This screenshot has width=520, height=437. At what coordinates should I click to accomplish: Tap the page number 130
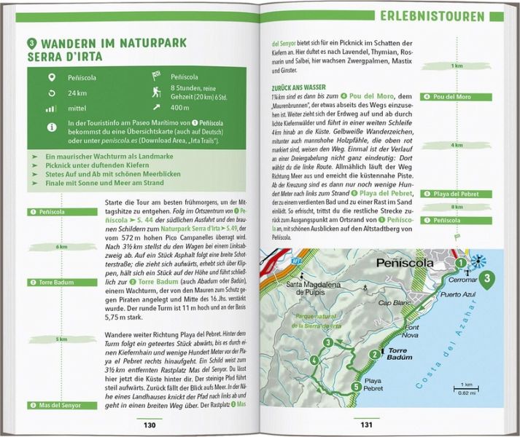[x=150, y=425]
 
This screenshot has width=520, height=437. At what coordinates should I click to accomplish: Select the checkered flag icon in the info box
[x=155, y=75]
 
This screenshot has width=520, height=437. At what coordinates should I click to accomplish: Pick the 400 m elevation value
[x=179, y=109]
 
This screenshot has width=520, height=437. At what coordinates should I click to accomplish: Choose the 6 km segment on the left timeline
[x=61, y=246]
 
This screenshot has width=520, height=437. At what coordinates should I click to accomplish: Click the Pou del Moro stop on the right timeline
[x=456, y=97]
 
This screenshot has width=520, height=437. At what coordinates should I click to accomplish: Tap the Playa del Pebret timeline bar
[x=456, y=194]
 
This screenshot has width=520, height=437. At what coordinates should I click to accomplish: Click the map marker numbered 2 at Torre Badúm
[x=373, y=354]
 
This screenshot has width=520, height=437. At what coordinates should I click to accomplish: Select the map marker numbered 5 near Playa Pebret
[x=355, y=387]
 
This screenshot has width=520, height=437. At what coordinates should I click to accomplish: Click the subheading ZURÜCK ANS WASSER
[x=298, y=87]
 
